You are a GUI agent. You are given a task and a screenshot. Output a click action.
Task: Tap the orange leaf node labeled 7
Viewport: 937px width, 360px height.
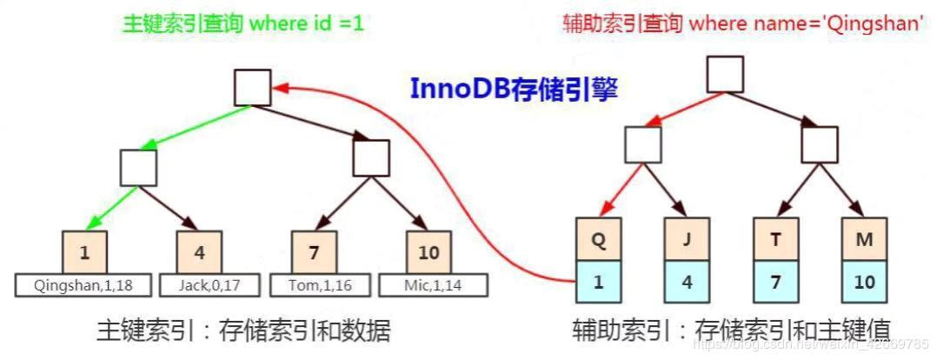313,253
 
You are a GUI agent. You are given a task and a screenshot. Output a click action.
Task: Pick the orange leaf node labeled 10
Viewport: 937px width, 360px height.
429,253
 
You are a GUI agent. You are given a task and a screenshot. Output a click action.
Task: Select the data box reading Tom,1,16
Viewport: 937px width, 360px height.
314,284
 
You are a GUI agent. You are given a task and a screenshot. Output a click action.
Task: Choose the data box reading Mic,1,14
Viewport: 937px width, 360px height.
429,284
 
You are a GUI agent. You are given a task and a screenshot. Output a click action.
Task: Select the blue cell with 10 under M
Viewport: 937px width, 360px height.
864,283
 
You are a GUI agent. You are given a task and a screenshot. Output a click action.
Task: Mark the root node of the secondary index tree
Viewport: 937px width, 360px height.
725,74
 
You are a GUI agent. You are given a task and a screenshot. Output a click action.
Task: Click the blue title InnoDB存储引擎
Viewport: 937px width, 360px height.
514,90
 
